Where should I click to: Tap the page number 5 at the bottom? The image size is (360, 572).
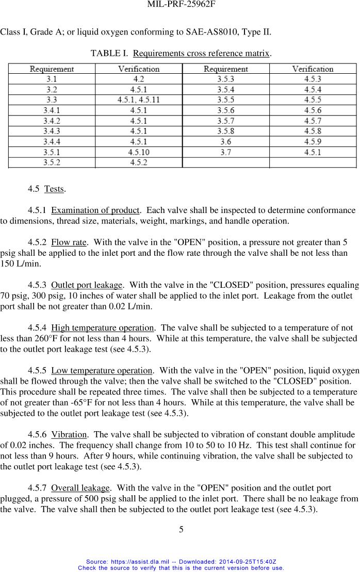[x=181, y=529]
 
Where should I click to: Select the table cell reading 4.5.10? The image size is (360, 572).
[x=139, y=152]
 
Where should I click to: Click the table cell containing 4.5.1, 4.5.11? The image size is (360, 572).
[x=139, y=100]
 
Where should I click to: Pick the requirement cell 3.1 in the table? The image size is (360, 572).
[x=52, y=79]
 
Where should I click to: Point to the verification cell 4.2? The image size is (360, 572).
[x=139, y=79]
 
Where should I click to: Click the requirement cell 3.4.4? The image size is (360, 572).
[x=52, y=142]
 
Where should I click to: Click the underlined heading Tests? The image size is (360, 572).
[x=54, y=189]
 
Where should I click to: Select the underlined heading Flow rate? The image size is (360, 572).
[x=69, y=242]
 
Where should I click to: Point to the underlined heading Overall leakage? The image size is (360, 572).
[x=80, y=488]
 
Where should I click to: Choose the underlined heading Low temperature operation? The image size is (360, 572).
[x=102, y=370]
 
